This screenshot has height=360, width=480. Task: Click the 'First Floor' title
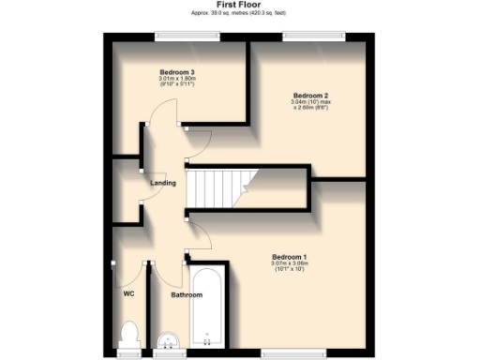click(239, 5)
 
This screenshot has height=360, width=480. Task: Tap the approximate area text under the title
click(239, 13)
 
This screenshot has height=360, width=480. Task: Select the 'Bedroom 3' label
click(176, 72)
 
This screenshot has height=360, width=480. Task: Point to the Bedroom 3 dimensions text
click(176, 82)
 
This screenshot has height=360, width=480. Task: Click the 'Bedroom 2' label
click(310, 96)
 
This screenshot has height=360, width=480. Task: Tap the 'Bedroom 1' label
click(290, 257)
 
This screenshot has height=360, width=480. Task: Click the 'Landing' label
click(163, 183)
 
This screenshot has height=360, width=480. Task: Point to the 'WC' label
click(129, 293)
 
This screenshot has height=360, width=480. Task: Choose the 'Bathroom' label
click(186, 295)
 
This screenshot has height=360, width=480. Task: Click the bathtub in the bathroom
click(206, 309)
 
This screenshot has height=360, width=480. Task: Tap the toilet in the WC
click(130, 333)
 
